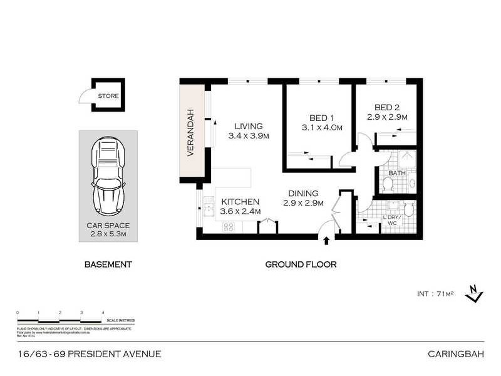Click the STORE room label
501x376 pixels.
coord(107,96)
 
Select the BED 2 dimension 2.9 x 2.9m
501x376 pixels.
coord(387,117)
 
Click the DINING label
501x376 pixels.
coord(303,193)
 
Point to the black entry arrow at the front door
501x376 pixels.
coord(326,240)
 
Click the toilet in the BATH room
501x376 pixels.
coord(388,184)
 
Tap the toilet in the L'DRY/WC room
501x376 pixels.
coord(408,208)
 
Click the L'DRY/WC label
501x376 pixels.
coord(392,219)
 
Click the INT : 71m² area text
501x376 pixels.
coord(435,294)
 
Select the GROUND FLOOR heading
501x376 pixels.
coord(301,264)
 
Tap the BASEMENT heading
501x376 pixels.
coord(108,264)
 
